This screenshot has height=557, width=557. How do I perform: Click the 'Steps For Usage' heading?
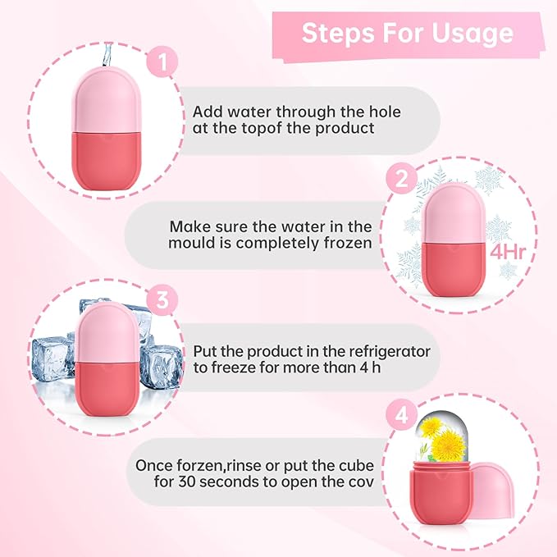point(408,33)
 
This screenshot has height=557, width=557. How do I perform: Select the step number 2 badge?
point(401,180)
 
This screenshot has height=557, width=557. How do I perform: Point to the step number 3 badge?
point(161,299)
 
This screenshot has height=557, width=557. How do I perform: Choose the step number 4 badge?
point(401,416)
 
